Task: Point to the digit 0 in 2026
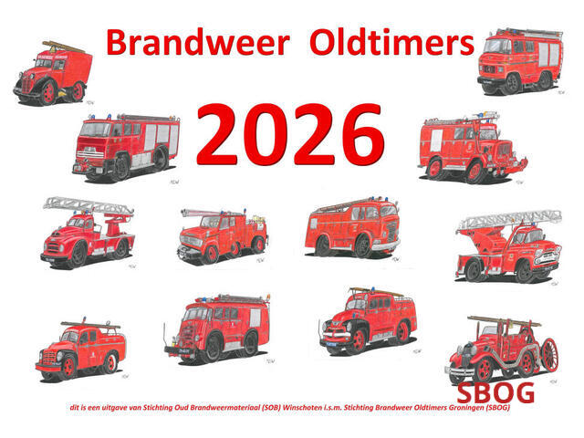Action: tap(258, 134)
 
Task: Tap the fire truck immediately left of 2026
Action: tap(125, 146)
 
